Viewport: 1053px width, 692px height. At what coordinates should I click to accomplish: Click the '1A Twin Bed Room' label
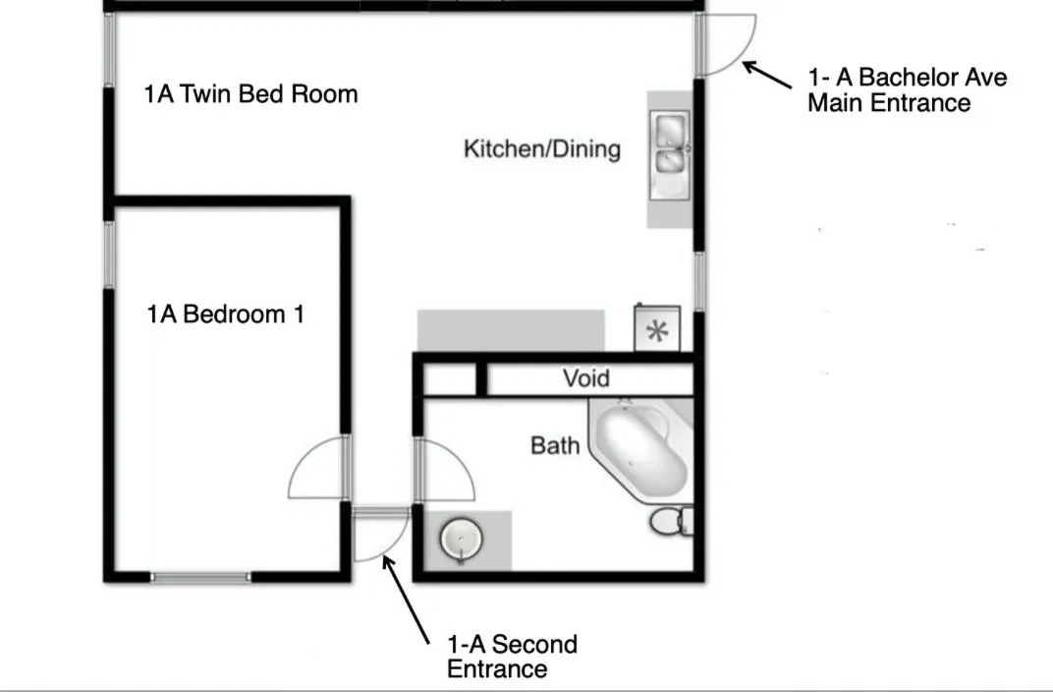coord(250,94)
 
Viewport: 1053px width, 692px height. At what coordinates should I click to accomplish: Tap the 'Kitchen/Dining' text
coord(542,148)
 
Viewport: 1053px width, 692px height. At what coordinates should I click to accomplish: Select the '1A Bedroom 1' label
coord(226,314)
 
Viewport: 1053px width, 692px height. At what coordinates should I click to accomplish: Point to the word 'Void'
coord(586,378)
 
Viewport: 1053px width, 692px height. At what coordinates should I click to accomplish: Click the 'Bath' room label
coord(555,445)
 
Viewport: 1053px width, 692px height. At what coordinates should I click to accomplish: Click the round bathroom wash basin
coord(462,539)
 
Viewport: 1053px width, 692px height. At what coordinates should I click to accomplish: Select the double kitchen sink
coord(670,155)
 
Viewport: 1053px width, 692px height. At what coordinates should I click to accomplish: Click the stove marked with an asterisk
coord(657,328)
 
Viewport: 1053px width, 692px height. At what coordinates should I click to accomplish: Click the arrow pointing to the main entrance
coord(767,75)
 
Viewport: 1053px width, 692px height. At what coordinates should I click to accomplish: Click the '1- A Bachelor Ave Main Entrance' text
coord(907,90)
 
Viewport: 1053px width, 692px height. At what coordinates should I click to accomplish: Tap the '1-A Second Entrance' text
coord(512,657)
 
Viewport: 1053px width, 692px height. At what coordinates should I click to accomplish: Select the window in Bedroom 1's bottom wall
coord(200,577)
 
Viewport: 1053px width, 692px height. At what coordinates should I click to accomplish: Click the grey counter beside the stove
coord(511,330)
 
